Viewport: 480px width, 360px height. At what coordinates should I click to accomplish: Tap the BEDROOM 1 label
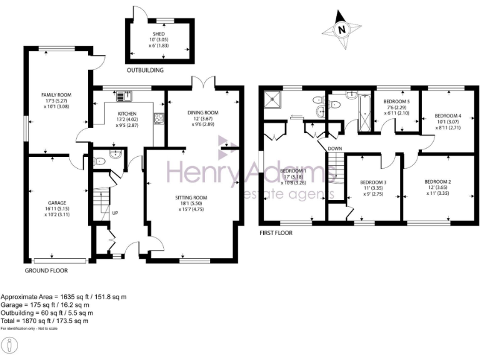(293, 171)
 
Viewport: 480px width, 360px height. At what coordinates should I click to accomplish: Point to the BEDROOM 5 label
(397, 101)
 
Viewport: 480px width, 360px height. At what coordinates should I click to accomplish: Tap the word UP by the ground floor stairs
(115, 213)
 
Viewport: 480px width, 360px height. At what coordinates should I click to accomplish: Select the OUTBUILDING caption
(145, 70)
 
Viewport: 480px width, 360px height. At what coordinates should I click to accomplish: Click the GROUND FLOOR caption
(46, 271)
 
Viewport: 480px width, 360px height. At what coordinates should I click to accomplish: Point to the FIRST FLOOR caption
(276, 232)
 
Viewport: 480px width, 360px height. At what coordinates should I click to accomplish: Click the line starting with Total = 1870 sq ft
(44, 321)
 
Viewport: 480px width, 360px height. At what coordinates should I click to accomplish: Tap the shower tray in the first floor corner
(272, 99)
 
